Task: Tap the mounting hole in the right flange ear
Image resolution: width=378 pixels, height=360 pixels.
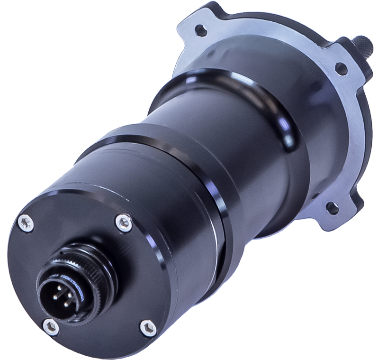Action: [339, 68]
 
